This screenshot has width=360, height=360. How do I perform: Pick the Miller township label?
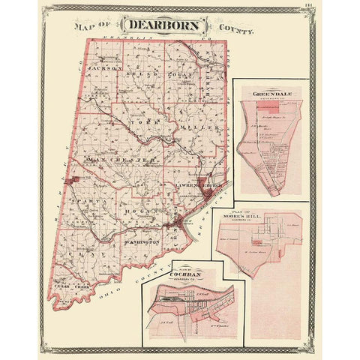[200, 128]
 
